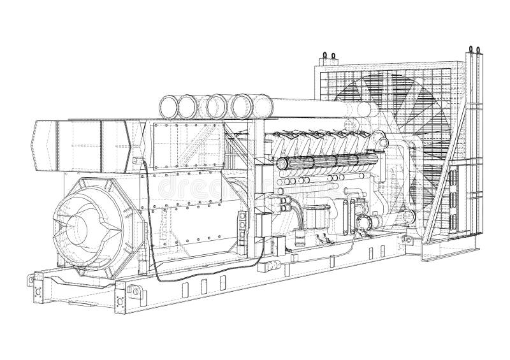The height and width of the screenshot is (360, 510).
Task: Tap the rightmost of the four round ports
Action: [242, 104]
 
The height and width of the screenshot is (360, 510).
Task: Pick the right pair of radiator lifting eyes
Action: [474, 50]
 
